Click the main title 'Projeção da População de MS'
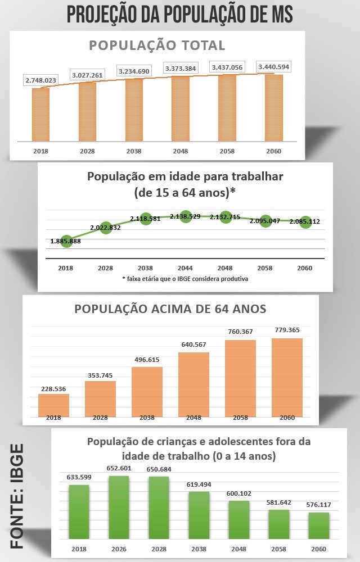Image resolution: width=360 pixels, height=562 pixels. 180,14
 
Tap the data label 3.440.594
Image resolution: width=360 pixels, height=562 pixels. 273,67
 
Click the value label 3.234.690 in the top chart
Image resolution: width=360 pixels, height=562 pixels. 134,71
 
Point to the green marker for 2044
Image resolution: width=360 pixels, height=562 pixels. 186,217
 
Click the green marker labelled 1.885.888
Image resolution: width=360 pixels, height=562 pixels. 67,241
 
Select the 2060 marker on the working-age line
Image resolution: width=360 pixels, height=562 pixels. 305,221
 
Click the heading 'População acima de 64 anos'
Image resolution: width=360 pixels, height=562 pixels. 170,309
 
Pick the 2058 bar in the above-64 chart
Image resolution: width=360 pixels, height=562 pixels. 240,378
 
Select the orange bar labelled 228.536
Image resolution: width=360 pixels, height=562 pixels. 53,405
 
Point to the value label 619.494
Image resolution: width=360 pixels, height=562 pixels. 199,484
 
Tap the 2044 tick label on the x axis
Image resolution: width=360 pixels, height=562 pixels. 186,268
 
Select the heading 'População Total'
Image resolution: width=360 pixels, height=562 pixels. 157,46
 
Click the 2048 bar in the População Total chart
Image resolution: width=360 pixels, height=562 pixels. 181,108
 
